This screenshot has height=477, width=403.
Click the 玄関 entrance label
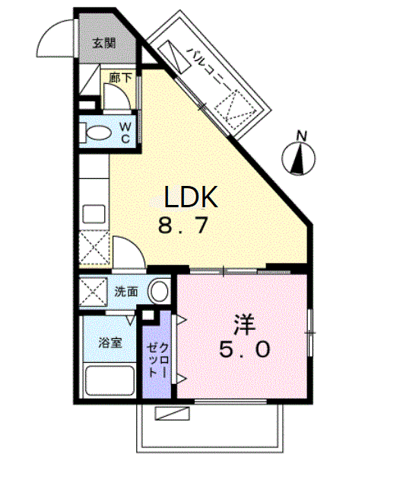coord(104,43)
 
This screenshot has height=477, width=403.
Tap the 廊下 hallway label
coord(120,78)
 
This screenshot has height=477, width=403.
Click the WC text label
coord(125,133)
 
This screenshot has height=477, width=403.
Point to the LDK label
coord(191,197)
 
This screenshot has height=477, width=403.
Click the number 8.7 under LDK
coord(183,225)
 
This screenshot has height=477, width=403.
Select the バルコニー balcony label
coord(208,67)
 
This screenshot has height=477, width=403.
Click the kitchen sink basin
coord(94,214)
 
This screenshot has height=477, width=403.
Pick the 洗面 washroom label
coord(126,292)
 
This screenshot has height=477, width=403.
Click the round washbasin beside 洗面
coord(158,291)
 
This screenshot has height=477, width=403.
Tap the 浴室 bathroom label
coord(109,343)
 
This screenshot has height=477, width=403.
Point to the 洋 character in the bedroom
coord(245,324)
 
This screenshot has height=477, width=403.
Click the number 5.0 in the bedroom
coord(245,349)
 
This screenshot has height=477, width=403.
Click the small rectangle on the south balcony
coord(173,414)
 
